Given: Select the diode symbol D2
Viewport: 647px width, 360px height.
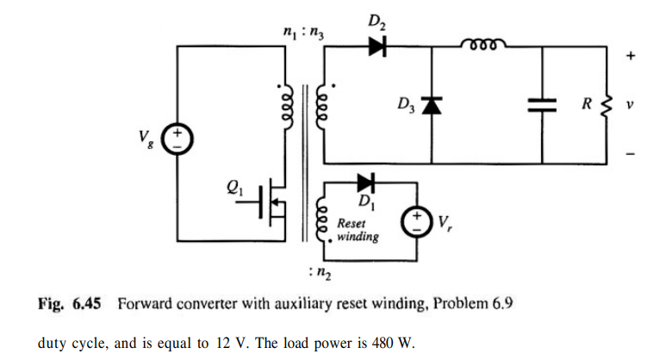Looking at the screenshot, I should coord(377,48).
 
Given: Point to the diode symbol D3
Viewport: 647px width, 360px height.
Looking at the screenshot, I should coord(431,106).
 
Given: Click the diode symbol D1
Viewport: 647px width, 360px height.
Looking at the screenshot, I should coord(365,183).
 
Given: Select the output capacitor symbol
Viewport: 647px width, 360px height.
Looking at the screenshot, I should coord(543,106).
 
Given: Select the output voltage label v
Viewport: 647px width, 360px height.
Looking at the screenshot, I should coord(630,105).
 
